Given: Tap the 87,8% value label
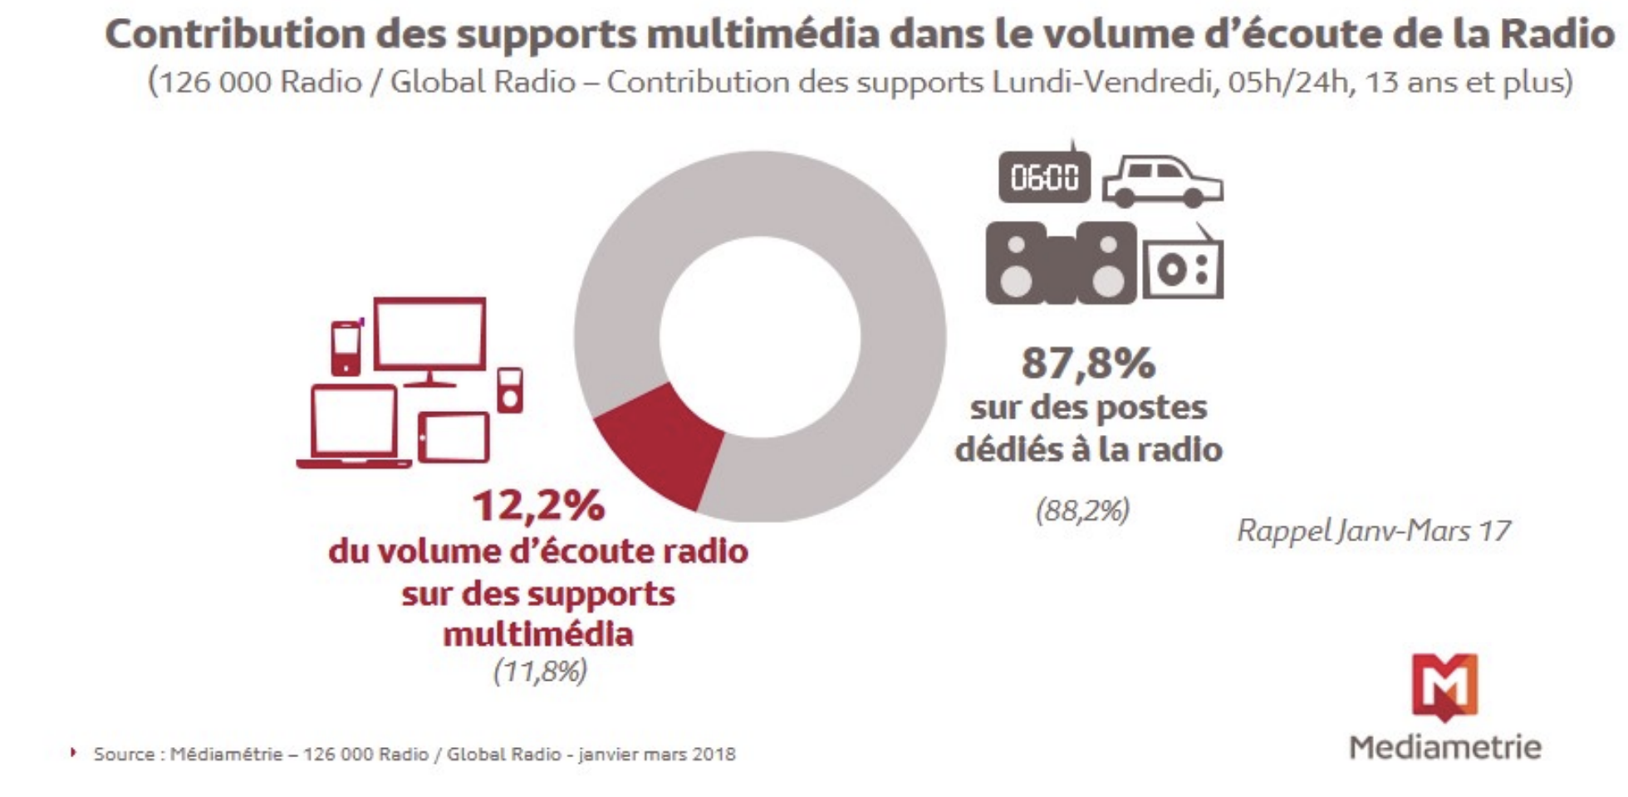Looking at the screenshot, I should coord(1088,363).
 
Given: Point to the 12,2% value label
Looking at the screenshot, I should coord(538,506).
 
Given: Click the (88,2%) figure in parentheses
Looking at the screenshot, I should coord(1082,510).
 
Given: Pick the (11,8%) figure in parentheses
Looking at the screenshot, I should coord(540,671).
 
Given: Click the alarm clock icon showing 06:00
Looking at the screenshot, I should coord(1044,176).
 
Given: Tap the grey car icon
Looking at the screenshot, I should coord(1163,181).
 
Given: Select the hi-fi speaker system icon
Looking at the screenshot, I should coord(1061,262).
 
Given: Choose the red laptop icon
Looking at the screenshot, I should coord(354,426).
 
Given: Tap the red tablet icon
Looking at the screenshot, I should coord(454,437).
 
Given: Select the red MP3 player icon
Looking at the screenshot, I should coord(510,390).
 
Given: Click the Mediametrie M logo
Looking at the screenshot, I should coord(1444,686).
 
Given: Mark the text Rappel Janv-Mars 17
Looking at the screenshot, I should coord(1374,531).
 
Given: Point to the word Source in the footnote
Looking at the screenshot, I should coord(124,755).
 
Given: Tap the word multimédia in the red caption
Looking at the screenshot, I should coord(538,634).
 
